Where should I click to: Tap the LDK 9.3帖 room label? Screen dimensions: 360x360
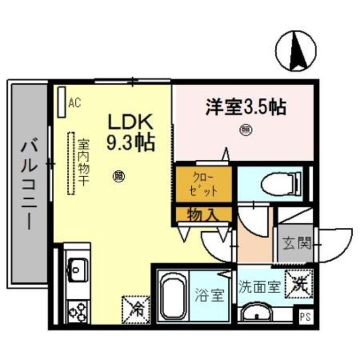tap(131, 132)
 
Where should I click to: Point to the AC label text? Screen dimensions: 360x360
tap(75, 103)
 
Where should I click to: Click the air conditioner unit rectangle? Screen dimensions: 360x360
tap(61, 101)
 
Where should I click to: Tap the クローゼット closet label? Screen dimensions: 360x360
tap(203, 182)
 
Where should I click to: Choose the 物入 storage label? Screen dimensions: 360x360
tap(202, 214)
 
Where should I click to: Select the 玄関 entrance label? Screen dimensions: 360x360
tap(296, 244)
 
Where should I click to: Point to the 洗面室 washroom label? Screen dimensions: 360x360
tap(259, 286)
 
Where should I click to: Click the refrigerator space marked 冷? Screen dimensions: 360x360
tap(133, 306)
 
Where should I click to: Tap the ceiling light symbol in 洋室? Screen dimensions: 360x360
tap(246, 130)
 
